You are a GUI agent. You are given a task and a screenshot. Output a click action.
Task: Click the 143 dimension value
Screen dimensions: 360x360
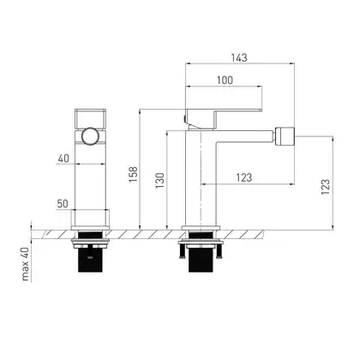[x=239, y=57]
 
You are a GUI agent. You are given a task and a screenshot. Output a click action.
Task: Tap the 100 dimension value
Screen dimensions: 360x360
[x=225, y=81]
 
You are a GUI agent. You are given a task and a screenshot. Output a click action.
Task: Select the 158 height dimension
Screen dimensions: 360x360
[x=133, y=175]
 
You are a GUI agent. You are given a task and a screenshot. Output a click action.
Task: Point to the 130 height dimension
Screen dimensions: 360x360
[x=160, y=181]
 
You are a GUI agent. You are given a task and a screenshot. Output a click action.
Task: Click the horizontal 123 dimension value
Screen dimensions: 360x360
[x=244, y=177]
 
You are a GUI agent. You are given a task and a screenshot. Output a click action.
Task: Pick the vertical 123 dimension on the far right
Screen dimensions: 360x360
[x=325, y=187]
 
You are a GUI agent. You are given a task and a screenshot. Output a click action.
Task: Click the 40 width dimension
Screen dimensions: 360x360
[x=63, y=159]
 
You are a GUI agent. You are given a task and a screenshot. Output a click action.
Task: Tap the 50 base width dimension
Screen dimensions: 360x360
[x=63, y=204]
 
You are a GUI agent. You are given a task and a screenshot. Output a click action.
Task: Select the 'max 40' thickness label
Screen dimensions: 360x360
[x=25, y=264]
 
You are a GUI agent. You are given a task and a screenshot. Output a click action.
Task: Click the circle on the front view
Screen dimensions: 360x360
[x=90, y=136]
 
